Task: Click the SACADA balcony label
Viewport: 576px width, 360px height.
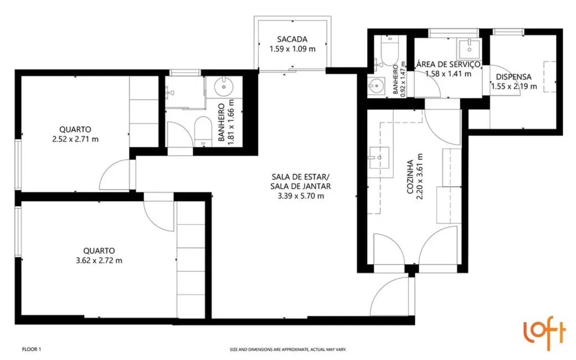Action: tap(292, 39)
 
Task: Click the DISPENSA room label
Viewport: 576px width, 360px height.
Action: tap(514, 77)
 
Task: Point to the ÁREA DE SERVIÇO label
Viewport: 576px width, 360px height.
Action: tap(448, 64)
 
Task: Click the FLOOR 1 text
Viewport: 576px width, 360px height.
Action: tap(32, 349)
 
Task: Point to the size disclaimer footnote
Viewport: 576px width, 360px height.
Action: tap(288, 349)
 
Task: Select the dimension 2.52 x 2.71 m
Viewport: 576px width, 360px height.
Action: tap(75, 139)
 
